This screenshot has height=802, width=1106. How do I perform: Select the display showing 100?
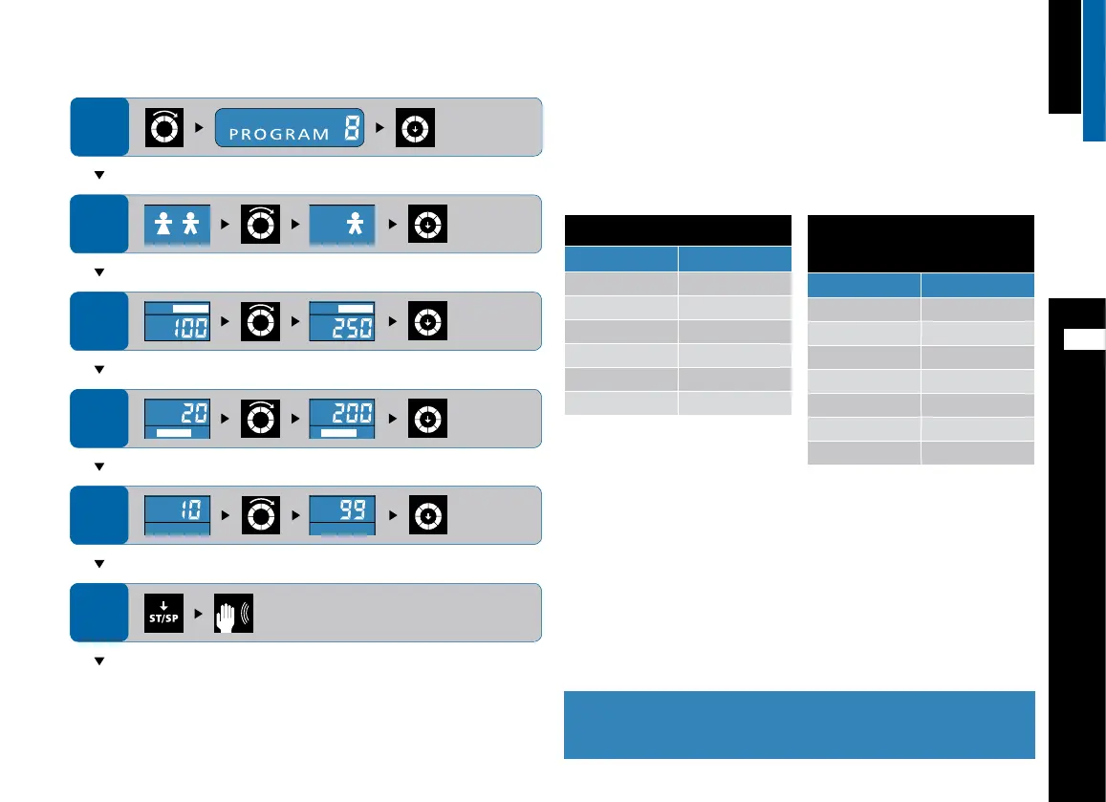point(177,322)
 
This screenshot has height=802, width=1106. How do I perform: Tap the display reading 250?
point(342,322)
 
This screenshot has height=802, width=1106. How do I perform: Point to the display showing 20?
point(177,419)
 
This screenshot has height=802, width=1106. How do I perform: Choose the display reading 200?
point(342,419)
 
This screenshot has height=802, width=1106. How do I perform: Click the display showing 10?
point(177,516)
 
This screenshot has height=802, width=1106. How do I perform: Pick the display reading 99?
point(342,516)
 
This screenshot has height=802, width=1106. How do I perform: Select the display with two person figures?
point(177,225)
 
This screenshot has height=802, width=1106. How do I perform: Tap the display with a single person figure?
point(342,225)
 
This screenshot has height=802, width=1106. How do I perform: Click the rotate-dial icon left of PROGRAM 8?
point(163,128)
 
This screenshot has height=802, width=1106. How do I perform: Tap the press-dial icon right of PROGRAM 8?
point(417,128)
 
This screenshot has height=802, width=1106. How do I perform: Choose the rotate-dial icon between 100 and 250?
point(260,321)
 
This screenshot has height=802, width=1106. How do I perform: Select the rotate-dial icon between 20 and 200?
point(260,418)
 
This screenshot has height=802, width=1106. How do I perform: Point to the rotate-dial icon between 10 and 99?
point(260,515)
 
